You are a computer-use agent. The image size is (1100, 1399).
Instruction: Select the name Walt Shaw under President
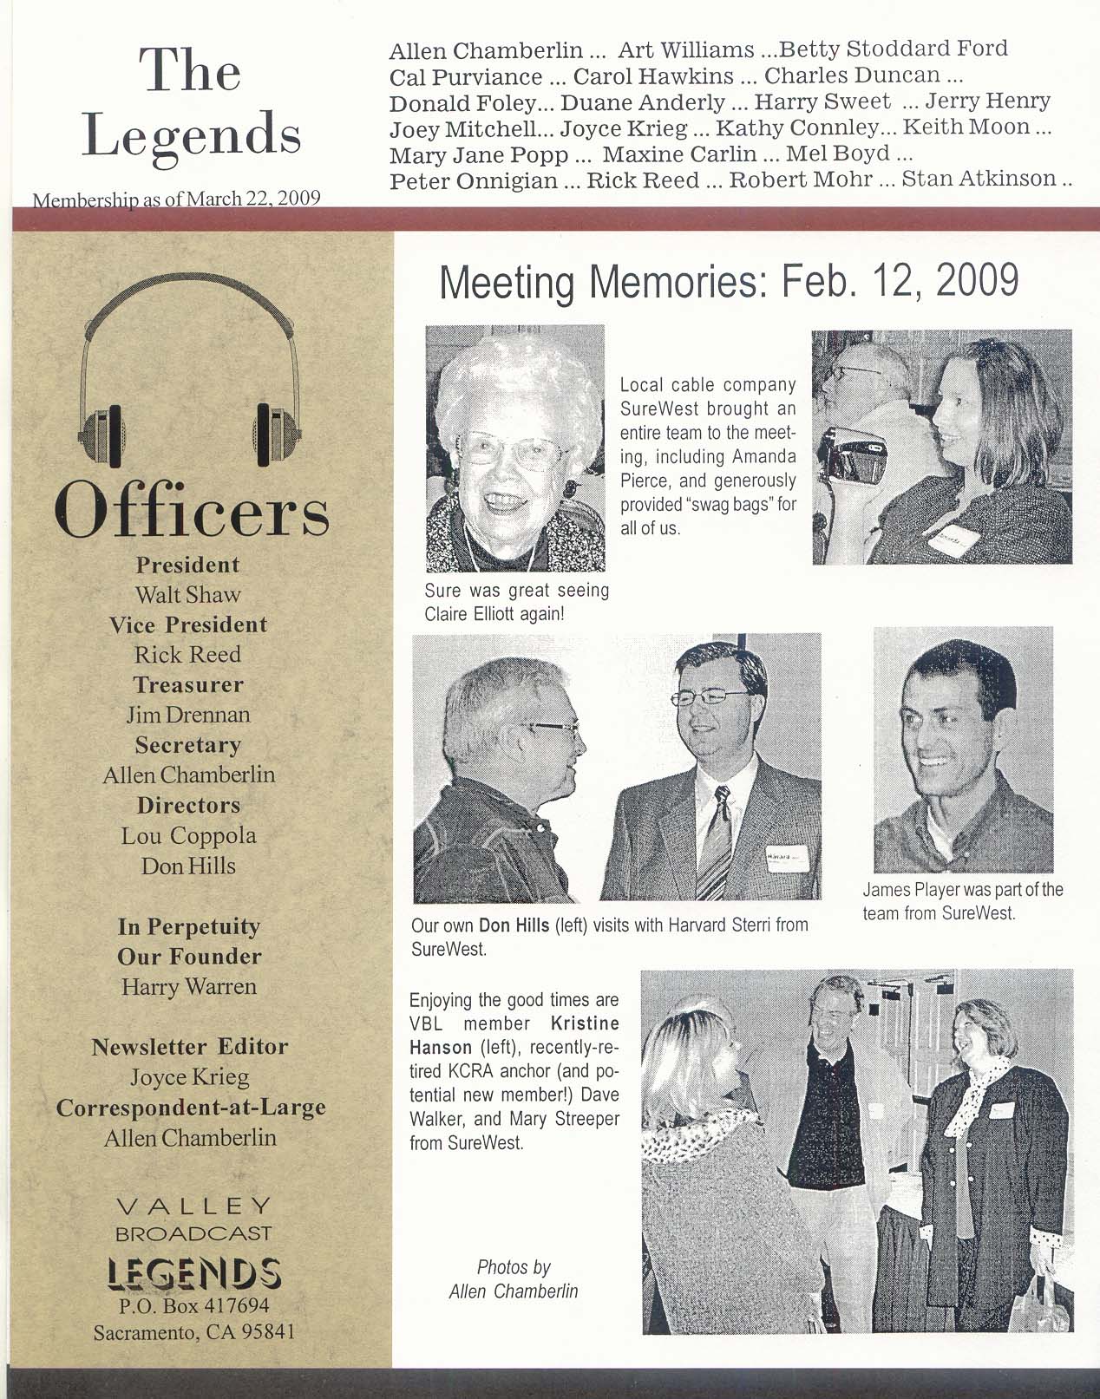click(x=187, y=595)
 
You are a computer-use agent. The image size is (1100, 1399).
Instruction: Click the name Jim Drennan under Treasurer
click(x=188, y=715)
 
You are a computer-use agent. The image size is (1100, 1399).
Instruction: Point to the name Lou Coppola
click(x=188, y=835)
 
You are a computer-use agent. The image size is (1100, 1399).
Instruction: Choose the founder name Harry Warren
click(x=188, y=986)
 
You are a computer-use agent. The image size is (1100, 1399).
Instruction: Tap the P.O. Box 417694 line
click(x=193, y=1305)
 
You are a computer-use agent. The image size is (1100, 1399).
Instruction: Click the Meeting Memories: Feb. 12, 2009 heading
click(x=729, y=281)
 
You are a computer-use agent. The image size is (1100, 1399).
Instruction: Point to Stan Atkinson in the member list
click(x=979, y=180)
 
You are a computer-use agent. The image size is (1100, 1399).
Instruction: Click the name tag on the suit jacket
click(x=785, y=857)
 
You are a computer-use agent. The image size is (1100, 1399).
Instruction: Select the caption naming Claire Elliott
click(x=516, y=602)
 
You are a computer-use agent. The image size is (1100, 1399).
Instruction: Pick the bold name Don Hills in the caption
click(x=514, y=925)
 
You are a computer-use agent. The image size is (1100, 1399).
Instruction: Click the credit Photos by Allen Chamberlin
click(x=514, y=1278)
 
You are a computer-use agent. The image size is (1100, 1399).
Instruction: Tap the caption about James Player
click(x=962, y=900)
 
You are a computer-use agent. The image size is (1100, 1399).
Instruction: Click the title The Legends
click(x=192, y=102)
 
